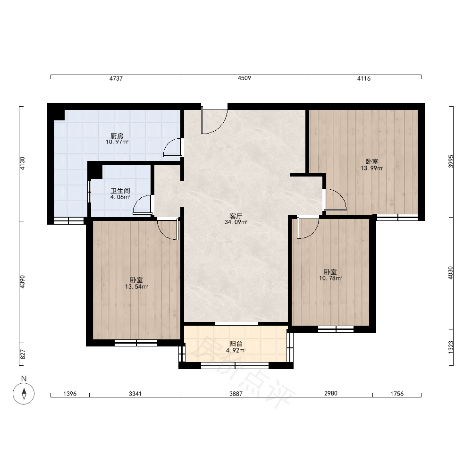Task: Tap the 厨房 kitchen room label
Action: pyautogui.click(x=117, y=136)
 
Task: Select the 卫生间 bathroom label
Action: pyautogui.click(x=120, y=191)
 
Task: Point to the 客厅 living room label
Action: pyautogui.click(x=236, y=216)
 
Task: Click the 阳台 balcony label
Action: pyautogui.click(x=236, y=344)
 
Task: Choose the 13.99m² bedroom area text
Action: pyautogui.click(x=372, y=169)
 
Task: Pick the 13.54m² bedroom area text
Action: pyautogui.click(x=136, y=287)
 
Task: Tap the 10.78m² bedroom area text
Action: pyautogui.click(x=330, y=278)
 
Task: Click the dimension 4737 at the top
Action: pyautogui.click(x=116, y=78)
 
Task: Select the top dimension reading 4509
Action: pyautogui.click(x=244, y=78)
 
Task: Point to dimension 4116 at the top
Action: pyautogui.click(x=363, y=78)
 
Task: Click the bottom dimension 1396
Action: pyautogui.click(x=70, y=394)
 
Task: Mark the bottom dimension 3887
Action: pyautogui.click(x=236, y=394)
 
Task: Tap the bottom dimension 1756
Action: pyautogui.click(x=397, y=394)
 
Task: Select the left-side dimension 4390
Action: pyautogui.click(x=23, y=282)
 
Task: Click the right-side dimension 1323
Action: pyautogui.click(x=451, y=347)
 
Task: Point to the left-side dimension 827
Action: pyautogui.click(x=23, y=354)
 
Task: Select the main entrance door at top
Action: pyautogui.click(x=214, y=120)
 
